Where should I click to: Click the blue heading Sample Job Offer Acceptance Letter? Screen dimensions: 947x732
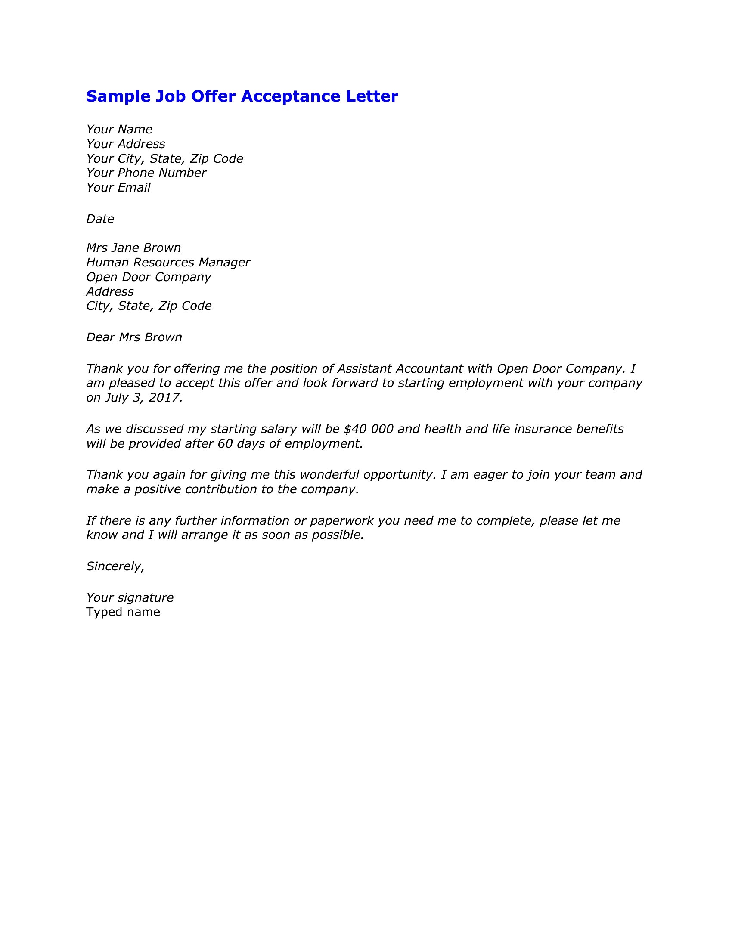[242, 96]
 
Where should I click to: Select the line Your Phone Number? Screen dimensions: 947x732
[146, 173]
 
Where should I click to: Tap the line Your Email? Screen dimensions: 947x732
[118, 187]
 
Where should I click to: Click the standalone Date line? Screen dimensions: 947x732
[100, 219]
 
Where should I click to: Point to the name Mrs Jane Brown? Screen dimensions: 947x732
[133, 248]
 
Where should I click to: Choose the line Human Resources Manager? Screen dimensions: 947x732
[168, 262]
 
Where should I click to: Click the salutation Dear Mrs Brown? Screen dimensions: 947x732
[134, 337]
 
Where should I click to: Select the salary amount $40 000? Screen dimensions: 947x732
[368, 429]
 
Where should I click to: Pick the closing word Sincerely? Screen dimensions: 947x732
[115, 566]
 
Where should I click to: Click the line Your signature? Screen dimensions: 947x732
[130, 598]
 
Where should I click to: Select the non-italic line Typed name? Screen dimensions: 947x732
[123, 612]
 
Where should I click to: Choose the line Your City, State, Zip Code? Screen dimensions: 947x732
[164, 159]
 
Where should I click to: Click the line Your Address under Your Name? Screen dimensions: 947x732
[126, 144]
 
